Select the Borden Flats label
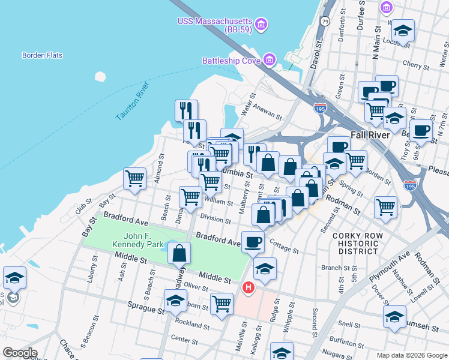42,55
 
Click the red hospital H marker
247,289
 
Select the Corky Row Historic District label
358,244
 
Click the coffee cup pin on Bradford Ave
253,242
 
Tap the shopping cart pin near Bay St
135,178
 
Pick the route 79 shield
325,21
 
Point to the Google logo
19,353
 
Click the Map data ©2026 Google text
411,355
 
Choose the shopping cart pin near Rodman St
386,207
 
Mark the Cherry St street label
414,64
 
